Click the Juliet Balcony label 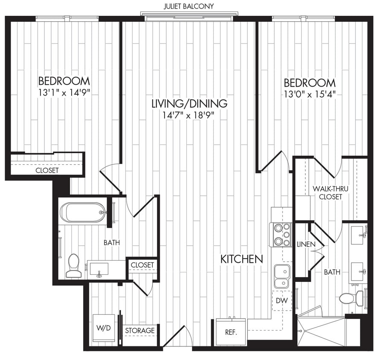pos(189,6)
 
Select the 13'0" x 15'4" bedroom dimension pos(310,94)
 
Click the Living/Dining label pos(189,103)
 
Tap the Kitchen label pos(241,259)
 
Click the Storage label pos(139,331)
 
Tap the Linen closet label pos(305,244)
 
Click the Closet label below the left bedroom pos(47,170)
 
